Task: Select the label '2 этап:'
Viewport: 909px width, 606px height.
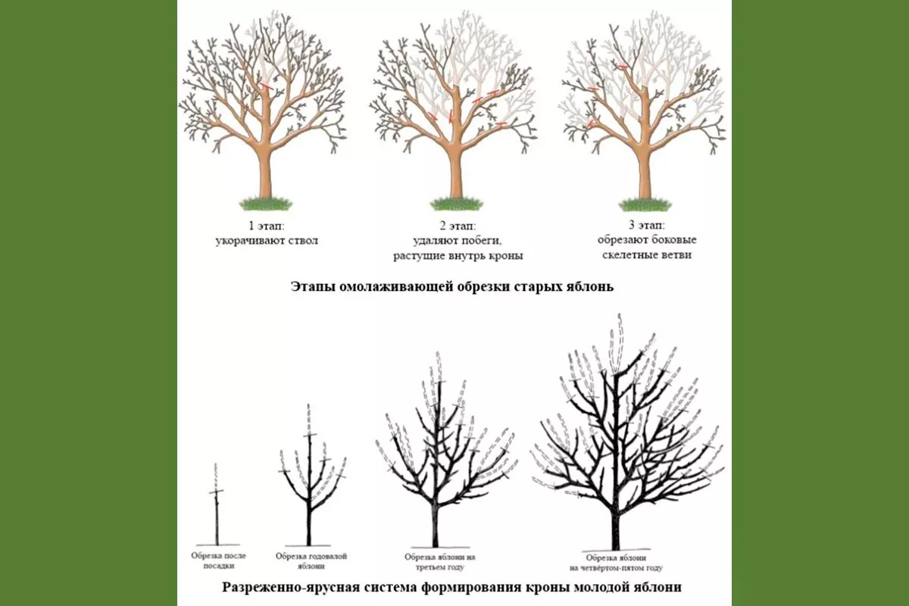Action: point(458,226)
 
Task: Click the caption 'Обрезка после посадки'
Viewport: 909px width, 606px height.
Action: point(216,560)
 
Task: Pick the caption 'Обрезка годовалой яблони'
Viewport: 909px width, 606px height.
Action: point(311,561)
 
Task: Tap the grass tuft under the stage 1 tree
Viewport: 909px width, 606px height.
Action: point(265,203)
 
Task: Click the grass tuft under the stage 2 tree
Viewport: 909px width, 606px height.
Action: point(456,203)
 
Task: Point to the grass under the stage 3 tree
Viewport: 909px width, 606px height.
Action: point(645,203)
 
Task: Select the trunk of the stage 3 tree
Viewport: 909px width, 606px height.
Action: point(645,170)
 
